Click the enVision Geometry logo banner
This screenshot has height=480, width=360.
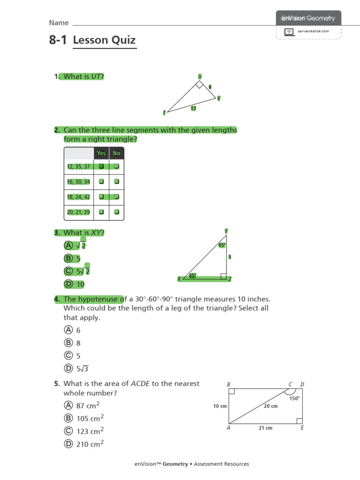308,18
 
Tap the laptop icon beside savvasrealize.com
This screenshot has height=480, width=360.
289,31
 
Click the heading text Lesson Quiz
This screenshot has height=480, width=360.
105,40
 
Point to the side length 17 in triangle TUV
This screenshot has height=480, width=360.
193,108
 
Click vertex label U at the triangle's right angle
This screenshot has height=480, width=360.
200,76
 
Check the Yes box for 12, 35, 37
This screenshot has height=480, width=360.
101,166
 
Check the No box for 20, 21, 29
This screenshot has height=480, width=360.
116,212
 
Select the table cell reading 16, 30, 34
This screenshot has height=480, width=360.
78,181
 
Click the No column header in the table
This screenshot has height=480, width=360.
116,153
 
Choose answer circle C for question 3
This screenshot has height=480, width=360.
68,271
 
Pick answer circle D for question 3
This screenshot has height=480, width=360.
68,284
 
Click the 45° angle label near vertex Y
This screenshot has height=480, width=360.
222,245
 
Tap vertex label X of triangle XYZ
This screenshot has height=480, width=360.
179,279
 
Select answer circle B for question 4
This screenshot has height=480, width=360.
68,343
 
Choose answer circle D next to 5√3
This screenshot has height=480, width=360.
68,368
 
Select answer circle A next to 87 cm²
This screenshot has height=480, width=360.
68,405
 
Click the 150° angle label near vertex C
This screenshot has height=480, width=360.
294,398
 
